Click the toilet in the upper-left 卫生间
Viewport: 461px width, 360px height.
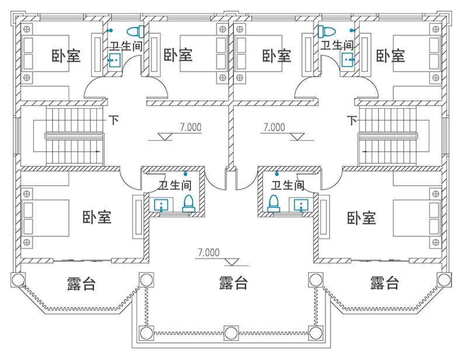point(135,31)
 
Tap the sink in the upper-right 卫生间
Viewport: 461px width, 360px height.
point(348,58)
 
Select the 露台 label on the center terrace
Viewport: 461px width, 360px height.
point(233,283)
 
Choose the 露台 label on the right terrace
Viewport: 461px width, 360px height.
point(384,283)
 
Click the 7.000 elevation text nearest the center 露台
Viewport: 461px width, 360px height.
point(209,253)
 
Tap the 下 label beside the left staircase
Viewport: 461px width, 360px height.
point(114,120)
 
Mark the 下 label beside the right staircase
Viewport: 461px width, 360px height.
point(351,120)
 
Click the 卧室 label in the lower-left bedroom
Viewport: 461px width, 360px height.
point(97,217)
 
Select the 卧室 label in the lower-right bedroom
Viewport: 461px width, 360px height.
point(361,219)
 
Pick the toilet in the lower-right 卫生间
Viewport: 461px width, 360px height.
point(272,203)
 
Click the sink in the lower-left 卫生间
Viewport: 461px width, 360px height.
point(161,205)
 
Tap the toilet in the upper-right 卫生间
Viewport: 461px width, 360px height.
point(326,31)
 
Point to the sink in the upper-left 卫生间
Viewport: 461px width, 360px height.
point(114,58)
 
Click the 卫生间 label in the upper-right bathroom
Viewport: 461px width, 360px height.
point(337,44)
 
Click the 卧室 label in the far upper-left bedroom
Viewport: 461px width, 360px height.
point(66,56)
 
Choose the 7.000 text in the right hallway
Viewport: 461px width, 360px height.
point(274,127)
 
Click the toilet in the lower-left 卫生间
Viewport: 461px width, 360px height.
point(188,203)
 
